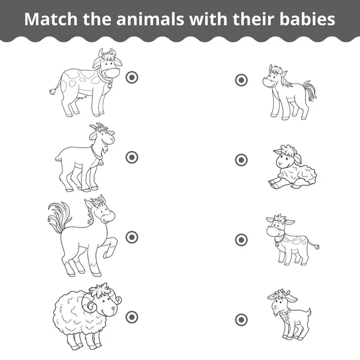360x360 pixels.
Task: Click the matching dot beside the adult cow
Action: click(x=132, y=77)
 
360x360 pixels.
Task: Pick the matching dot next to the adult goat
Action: click(x=132, y=157)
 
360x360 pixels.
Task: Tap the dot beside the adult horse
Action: click(x=132, y=237)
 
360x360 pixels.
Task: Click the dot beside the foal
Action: click(x=241, y=80)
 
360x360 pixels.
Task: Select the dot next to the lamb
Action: click(x=241, y=160)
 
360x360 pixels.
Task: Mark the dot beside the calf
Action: click(x=241, y=239)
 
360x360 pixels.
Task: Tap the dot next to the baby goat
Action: click(x=241, y=319)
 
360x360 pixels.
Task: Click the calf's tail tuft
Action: click(x=316, y=246)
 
